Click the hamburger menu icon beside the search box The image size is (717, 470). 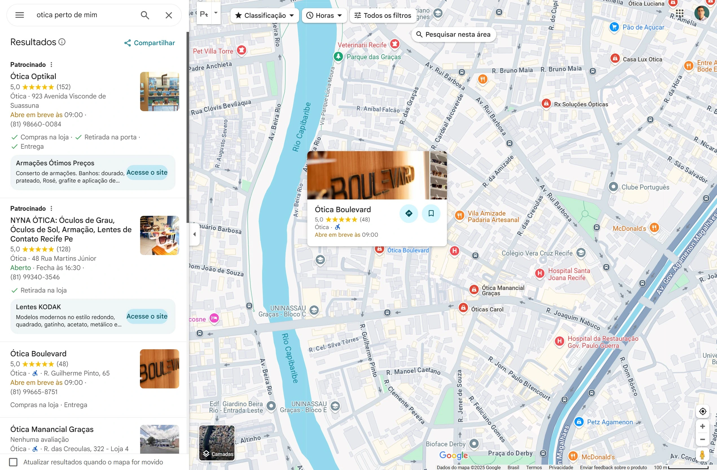pos(19,15)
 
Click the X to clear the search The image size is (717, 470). pos(169,15)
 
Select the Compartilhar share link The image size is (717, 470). pos(150,43)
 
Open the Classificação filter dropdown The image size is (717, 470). pos(264,15)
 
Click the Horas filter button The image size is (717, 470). pos(324,15)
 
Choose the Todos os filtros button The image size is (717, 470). pos(382,15)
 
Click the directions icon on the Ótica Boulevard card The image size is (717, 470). pos(409,213)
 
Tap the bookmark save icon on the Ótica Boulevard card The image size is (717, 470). pos(431,213)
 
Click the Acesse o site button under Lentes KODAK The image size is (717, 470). pos(147,316)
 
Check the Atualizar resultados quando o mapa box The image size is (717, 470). pos(13,462)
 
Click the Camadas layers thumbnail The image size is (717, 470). pos(217,443)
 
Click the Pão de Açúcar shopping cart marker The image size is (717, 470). pos(614,27)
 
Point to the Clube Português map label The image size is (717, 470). pos(645,187)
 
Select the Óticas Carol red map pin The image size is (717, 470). pos(463,308)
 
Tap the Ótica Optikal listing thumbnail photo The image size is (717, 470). pos(159,92)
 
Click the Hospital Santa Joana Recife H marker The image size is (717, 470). pos(540,273)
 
